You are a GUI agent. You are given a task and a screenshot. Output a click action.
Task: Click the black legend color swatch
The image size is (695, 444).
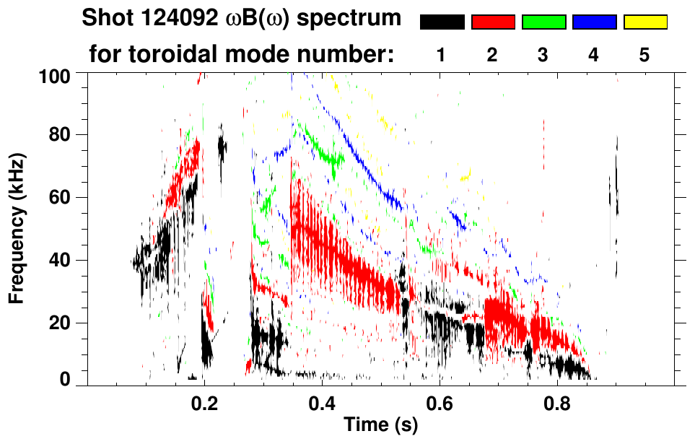click(x=442, y=22)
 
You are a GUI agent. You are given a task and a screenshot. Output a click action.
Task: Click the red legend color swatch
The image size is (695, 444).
click(x=493, y=22)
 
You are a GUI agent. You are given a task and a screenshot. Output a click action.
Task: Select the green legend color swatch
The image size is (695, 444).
click(x=543, y=22)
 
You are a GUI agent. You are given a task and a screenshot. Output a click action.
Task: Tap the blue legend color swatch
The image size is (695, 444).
click(x=595, y=22)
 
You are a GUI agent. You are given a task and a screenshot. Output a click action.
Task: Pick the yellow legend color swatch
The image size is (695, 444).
click(x=645, y=22)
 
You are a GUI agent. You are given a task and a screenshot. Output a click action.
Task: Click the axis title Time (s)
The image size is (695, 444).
click(x=380, y=425)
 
